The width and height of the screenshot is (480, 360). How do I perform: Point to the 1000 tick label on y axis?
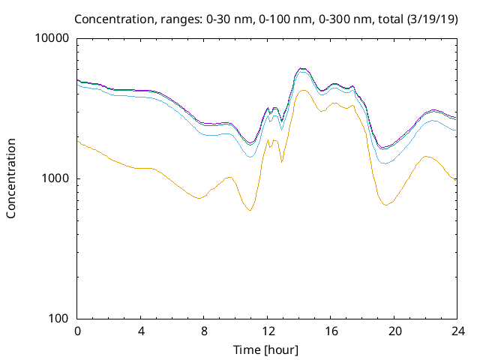click(57, 178)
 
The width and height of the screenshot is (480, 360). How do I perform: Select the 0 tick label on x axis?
click(77, 331)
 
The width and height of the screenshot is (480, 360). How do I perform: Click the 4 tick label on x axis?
click(141, 331)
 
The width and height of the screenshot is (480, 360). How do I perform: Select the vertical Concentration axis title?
click(11, 178)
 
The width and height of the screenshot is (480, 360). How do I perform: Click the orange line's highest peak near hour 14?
click(302, 90)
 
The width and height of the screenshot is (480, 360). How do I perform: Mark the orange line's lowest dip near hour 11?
click(249, 210)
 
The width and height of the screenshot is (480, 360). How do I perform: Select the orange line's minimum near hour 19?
click(385, 205)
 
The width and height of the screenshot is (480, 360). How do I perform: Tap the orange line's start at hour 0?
click(78, 141)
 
